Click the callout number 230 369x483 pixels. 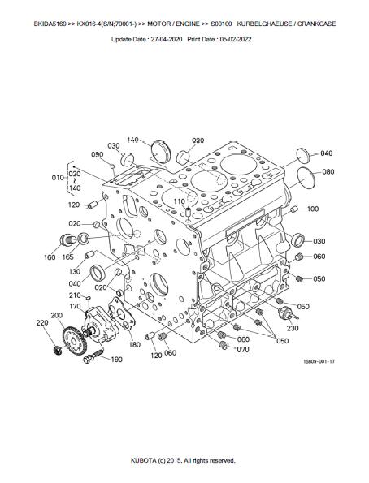293,329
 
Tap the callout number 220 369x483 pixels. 42,322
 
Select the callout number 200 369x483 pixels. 56,316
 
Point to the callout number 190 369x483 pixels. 116,359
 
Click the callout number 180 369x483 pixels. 135,344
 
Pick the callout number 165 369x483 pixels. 67,257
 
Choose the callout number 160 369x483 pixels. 50,257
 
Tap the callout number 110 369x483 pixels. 180,201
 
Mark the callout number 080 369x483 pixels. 328,172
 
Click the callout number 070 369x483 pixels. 243,350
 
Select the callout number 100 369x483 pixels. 313,209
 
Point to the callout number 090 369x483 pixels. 98,154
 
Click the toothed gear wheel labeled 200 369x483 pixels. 75,341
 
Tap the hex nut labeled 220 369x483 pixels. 58,350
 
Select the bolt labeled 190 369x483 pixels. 93,356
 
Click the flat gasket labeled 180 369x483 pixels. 122,314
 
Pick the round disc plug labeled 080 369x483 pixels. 306,178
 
